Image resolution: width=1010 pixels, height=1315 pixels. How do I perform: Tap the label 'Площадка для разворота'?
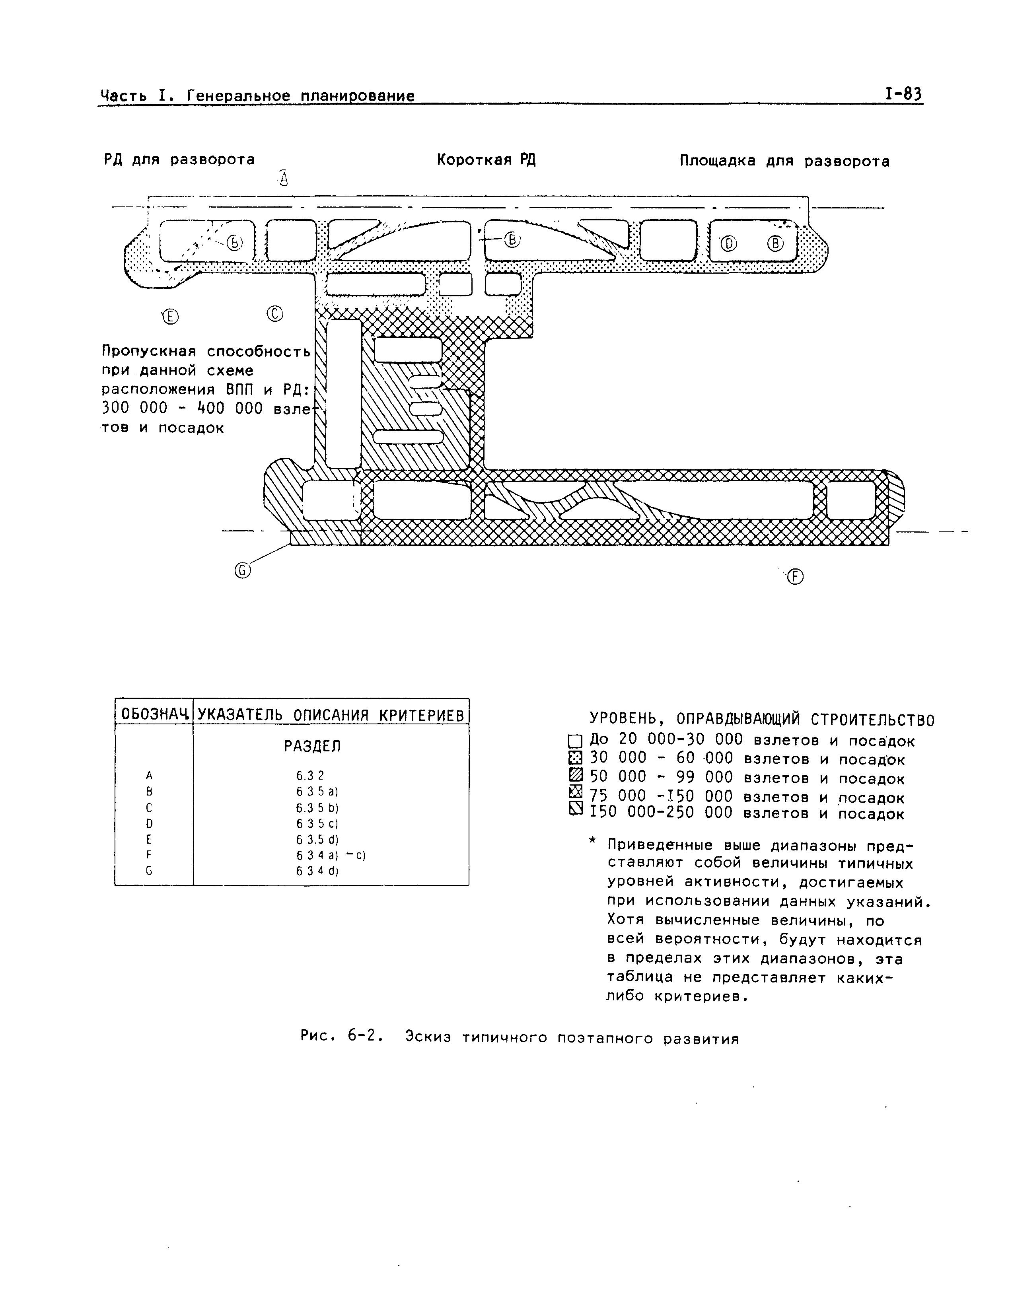pos(784,161)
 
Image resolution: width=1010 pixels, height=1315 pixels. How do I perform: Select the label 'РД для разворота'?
pos(179,159)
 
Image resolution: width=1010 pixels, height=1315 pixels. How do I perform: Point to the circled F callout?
pos(795,577)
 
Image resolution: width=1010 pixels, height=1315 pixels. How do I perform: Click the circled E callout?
pos(171,317)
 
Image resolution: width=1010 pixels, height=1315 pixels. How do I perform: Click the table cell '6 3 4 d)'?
pos(317,871)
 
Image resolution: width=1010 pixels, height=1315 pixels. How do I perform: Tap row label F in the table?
pos(148,855)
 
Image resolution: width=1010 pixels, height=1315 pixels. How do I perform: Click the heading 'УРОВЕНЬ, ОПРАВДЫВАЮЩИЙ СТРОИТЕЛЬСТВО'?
pos(761,720)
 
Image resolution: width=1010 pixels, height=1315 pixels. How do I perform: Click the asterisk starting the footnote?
pos(593,843)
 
